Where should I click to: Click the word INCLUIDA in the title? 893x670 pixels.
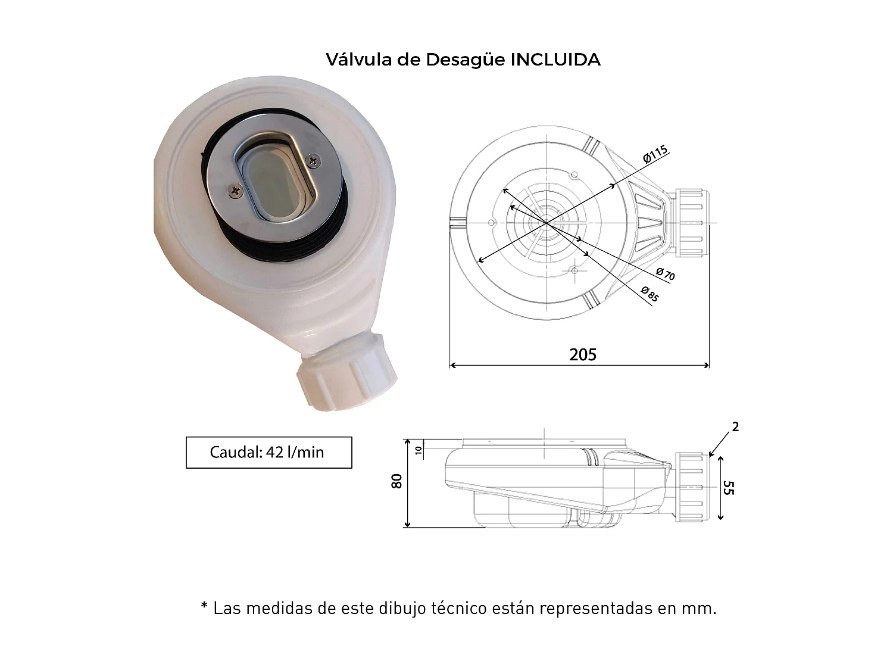[x=555, y=60]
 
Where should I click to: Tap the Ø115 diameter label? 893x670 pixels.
[x=655, y=154]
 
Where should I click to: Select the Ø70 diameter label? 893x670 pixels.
[x=666, y=273]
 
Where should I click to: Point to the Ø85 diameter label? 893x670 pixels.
[x=650, y=294]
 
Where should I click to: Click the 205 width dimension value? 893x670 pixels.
[x=583, y=355]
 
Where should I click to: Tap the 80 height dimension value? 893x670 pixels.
[x=396, y=481]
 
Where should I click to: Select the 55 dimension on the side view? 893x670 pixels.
[x=729, y=488]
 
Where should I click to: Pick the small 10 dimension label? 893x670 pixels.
[x=419, y=450]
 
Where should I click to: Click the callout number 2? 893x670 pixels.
[x=735, y=427]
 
